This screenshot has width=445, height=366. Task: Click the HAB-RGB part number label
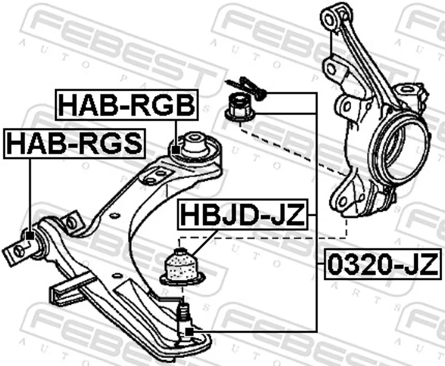point(127,105)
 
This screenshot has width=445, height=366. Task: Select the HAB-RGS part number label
point(75,144)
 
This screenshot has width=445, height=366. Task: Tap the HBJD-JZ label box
point(243,215)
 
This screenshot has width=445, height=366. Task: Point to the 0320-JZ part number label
point(383,264)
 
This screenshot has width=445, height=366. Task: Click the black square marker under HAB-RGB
point(176,150)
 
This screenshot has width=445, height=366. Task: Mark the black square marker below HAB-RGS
point(30,235)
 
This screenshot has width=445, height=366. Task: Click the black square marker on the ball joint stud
point(189,332)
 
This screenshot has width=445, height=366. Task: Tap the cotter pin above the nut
point(246,88)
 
